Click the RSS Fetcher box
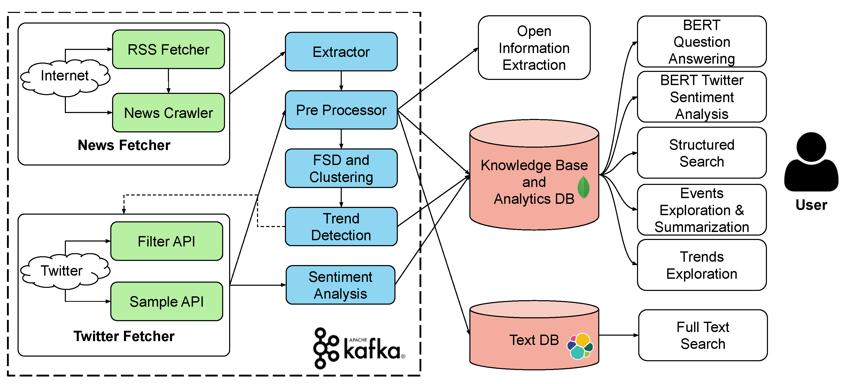point(168,49)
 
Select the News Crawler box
point(168,112)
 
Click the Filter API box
point(167,241)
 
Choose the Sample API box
point(167,302)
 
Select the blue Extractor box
point(341,52)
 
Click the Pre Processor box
point(341,110)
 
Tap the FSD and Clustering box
point(341,168)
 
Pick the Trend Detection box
point(341,226)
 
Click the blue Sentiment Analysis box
point(341,285)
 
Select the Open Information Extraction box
point(534,48)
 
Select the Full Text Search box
point(703,335)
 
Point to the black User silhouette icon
point(811,162)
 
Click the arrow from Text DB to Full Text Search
point(618,335)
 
